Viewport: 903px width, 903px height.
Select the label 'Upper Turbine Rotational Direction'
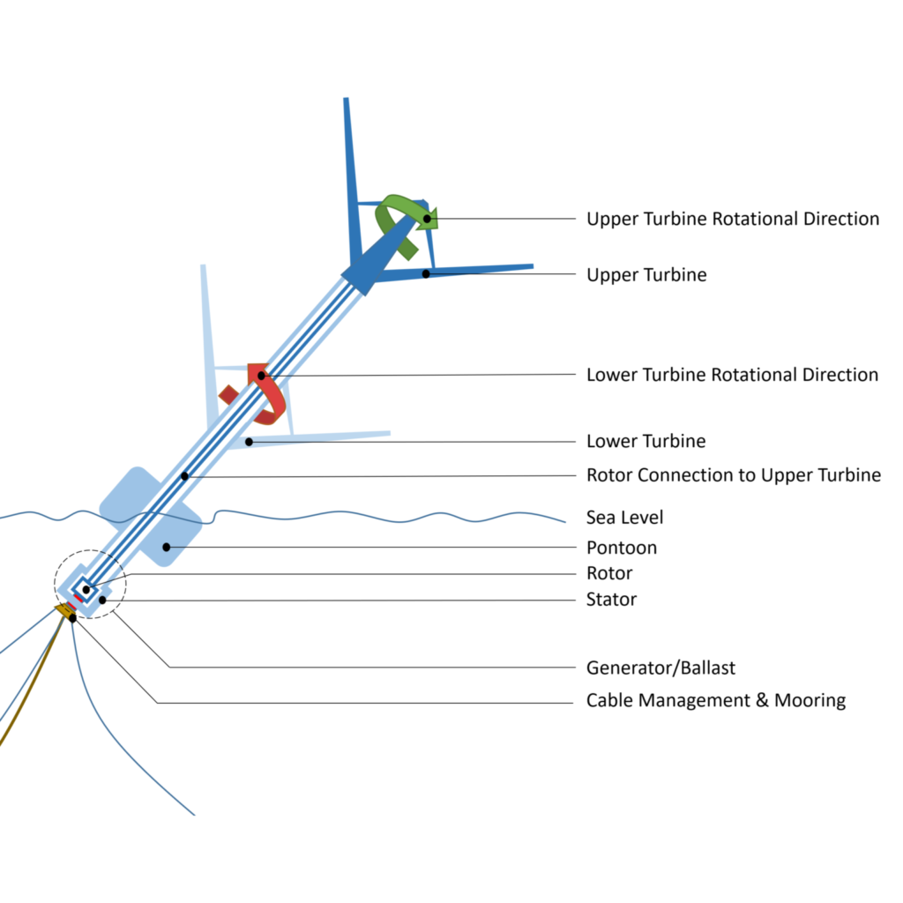pos(733,219)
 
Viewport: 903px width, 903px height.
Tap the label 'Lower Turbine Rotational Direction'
pos(732,375)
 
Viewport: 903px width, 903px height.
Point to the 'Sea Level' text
pos(624,517)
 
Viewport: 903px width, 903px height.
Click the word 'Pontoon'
pos(621,548)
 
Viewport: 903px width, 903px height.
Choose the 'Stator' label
pos(611,601)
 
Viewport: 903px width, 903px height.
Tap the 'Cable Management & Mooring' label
pos(715,701)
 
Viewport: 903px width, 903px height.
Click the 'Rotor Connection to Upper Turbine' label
pos(733,475)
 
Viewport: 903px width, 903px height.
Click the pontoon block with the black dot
pos(169,534)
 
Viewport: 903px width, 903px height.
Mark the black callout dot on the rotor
pos(86,589)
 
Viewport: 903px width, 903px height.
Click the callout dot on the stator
pos(103,601)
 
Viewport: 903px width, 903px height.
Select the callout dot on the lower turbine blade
pos(250,441)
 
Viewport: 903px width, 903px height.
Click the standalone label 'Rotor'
pos(609,574)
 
